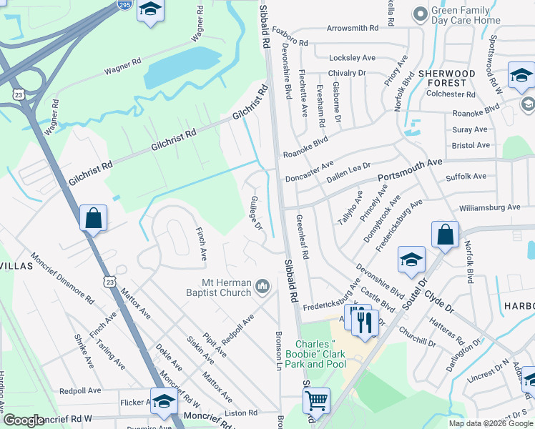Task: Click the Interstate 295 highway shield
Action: point(124,4)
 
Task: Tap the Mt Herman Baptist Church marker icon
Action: point(262,287)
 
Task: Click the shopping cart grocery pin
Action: point(316,400)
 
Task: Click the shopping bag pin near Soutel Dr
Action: point(445,234)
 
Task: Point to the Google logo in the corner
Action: point(24,420)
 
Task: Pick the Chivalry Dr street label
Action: point(347,73)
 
